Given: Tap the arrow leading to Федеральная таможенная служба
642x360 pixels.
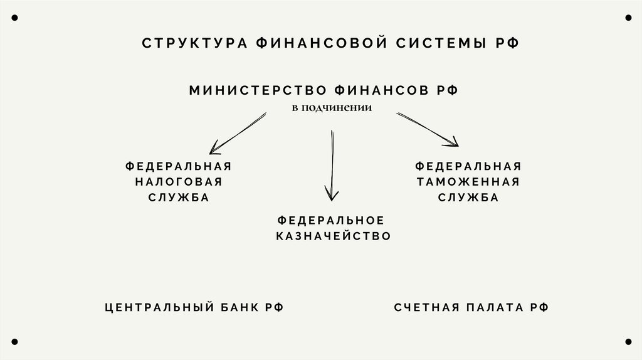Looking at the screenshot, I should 427,130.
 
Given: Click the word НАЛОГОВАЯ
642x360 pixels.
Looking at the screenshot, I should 179,182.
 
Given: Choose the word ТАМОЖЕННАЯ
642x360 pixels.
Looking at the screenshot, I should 468,182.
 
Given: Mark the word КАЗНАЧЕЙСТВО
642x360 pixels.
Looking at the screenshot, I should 334,236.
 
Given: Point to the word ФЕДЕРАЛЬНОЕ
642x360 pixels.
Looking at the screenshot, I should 330,220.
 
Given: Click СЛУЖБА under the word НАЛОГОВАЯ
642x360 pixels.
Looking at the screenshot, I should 179,198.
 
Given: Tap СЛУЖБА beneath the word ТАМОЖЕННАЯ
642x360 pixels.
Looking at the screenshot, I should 468,198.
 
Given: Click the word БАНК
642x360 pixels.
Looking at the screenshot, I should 239,307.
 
